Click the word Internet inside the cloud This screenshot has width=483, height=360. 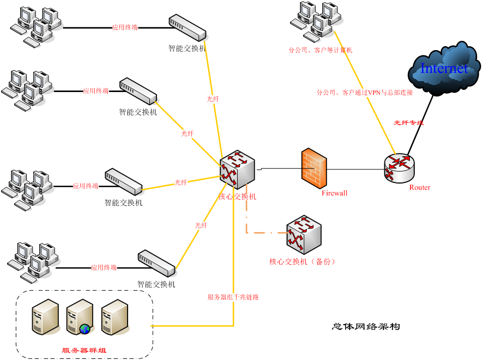[444, 68]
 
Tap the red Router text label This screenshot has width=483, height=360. [420, 187]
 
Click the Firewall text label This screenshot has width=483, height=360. [334, 193]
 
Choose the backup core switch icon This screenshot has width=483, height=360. [304, 234]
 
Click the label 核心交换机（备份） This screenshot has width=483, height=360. [302, 261]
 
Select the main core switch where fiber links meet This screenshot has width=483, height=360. [237, 169]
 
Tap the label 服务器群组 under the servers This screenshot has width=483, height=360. [84, 350]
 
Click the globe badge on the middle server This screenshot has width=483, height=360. [84, 328]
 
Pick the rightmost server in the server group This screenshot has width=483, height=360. [114, 316]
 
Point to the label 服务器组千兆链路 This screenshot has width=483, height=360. [233, 297]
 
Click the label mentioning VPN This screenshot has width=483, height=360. [365, 93]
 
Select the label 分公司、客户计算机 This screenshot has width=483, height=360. [320, 50]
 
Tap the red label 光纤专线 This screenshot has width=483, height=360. [408, 123]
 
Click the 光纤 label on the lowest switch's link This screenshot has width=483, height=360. [201, 225]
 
